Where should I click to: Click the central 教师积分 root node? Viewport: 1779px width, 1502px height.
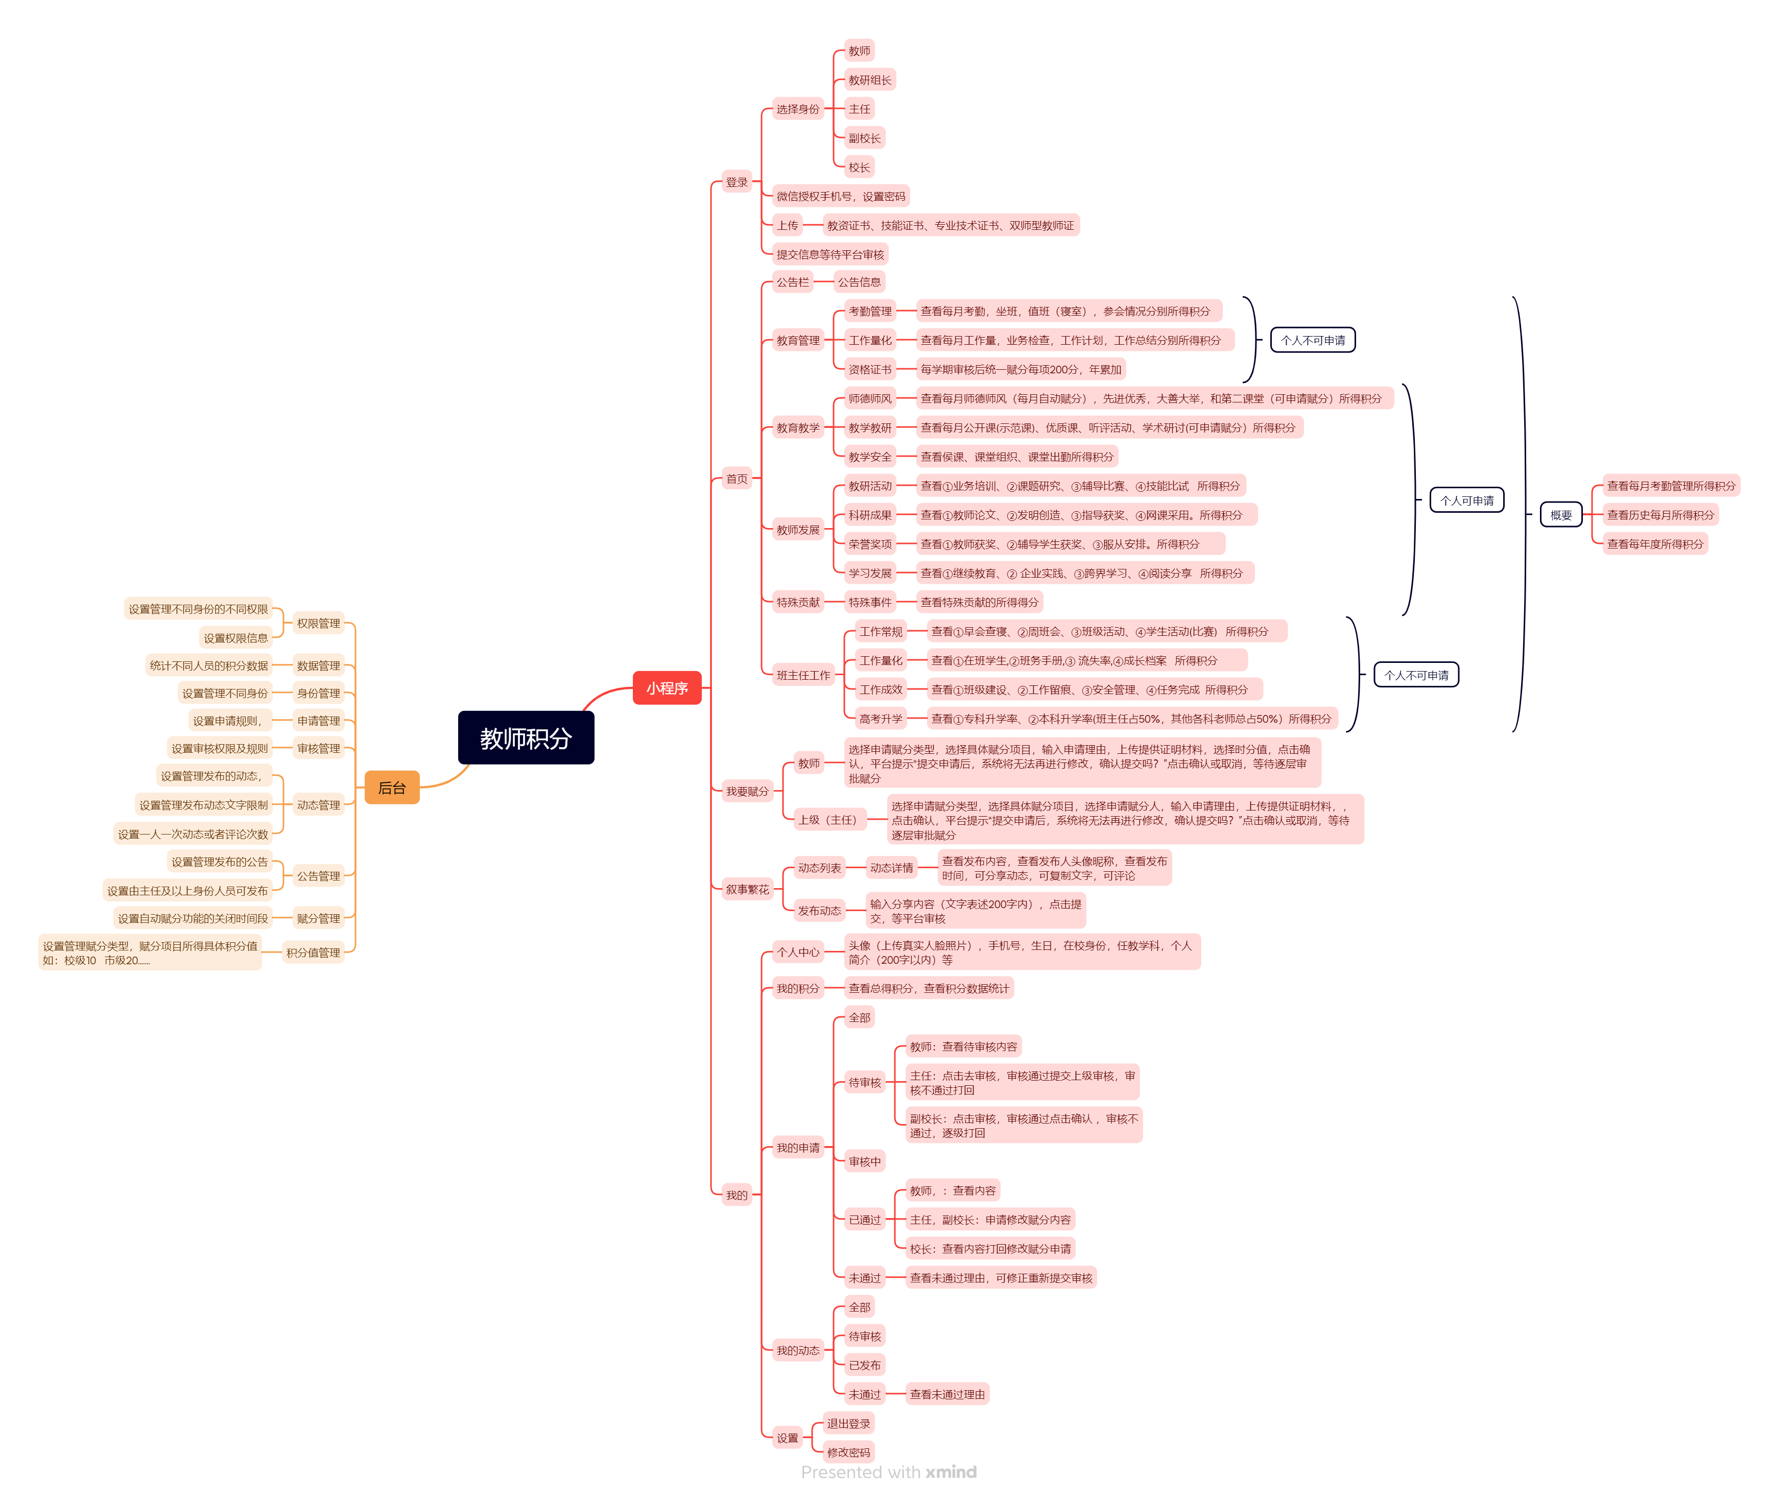(x=526, y=737)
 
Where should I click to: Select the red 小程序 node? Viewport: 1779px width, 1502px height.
(x=666, y=687)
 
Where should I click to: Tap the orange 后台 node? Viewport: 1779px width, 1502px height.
(x=392, y=788)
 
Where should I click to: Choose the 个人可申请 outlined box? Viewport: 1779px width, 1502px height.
(x=1466, y=500)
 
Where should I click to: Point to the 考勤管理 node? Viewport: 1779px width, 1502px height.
(x=869, y=312)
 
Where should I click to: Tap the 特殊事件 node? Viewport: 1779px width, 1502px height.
(x=869, y=602)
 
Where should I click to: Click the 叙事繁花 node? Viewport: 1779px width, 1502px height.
(x=746, y=890)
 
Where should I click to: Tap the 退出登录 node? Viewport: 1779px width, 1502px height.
(x=848, y=1423)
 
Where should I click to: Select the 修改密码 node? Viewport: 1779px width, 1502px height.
(x=848, y=1452)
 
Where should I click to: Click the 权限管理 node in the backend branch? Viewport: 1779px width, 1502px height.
(x=318, y=623)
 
